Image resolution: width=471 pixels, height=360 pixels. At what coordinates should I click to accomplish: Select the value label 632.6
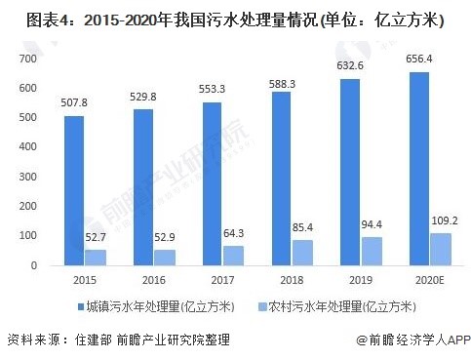[344, 66]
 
